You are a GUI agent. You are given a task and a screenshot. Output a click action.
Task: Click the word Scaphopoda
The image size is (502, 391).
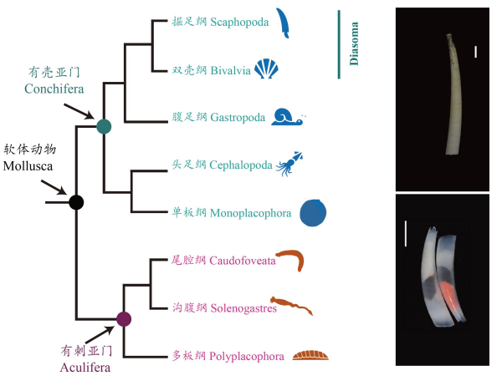[x=240, y=23]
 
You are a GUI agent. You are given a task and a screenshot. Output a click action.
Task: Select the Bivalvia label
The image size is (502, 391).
[x=230, y=70]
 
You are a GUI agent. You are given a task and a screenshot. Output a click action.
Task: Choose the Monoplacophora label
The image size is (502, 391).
[x=251, y=213]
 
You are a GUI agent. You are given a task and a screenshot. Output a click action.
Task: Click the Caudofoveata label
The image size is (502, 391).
[x=243, y=261]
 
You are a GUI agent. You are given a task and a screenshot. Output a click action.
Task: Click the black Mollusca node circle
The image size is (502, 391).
[x=76, y=201]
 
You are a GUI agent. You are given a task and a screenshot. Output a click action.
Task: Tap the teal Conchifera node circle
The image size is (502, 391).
[x=104, y=127]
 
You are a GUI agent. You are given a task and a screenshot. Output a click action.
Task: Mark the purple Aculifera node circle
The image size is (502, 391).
[x=124, y=318]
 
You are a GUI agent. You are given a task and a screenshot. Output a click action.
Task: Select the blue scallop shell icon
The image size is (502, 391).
[x=266, y=69]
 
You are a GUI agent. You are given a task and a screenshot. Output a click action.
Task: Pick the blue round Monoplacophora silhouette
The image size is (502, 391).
[x=314, y=213]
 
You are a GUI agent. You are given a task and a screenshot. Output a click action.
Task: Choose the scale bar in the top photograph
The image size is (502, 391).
[x=475, y=53]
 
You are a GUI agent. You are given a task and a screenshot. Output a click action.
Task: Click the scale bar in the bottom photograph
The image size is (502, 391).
[x=405, y=233]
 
